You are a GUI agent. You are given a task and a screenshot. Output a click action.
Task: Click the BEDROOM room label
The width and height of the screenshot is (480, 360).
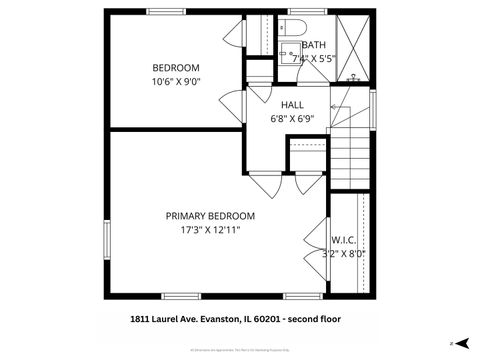tap(176, 67)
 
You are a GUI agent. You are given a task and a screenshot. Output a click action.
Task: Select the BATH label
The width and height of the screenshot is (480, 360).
tap(313, 45)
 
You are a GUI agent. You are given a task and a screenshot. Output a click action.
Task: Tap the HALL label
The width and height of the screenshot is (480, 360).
tap(292, 105)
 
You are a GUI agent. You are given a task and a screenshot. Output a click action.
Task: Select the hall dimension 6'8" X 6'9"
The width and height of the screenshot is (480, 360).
tap(292, 119)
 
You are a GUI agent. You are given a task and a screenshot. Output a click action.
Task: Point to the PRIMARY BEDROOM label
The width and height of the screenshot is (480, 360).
tap(210, 216)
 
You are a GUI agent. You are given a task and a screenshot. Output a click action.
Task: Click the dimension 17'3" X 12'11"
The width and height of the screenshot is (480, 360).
tap(210, 230)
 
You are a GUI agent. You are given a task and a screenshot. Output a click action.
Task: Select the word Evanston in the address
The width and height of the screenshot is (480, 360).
tap(217, 321)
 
